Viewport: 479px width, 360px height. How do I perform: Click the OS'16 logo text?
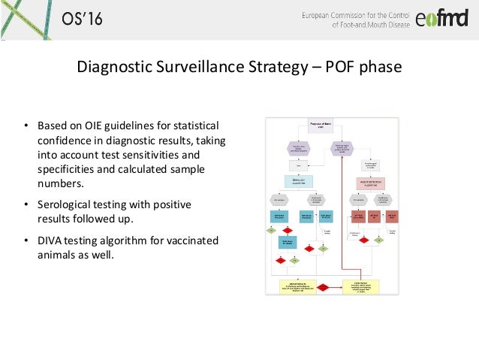click(80, 18)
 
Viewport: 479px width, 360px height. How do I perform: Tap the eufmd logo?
click(441, 19)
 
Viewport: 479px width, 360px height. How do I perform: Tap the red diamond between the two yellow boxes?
click(323, 287)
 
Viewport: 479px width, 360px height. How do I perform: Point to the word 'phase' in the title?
click(382, 68)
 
